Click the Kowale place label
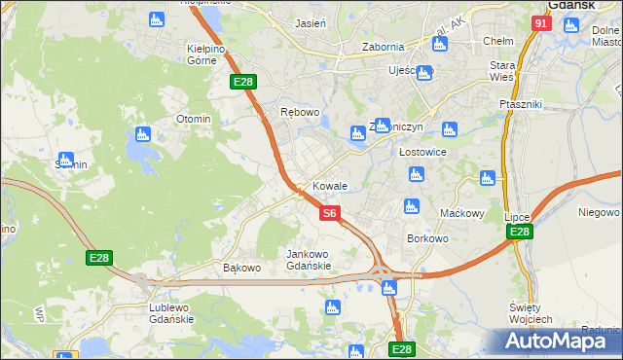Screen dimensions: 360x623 point(329,185)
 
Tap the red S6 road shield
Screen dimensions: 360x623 point(330,212)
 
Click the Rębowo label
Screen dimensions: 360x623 point(300,112)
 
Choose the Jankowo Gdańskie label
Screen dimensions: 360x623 point(309,259)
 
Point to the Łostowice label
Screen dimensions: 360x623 point(422,153)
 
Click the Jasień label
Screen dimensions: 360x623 point(311,21)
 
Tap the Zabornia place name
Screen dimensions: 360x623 point(383,46)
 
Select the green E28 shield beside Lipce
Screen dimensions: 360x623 point(520,232)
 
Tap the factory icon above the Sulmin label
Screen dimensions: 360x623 point(66,160)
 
